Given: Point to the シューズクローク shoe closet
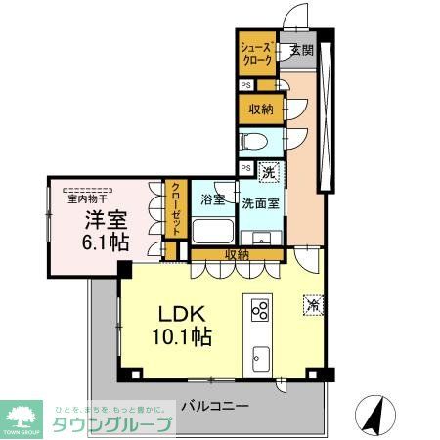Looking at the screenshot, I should coord(257,54).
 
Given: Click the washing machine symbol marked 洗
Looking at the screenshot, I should coord(269,172).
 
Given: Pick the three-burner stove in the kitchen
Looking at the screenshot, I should coord(260,311).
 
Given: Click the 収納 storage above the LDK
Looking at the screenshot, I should coord(236,254).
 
